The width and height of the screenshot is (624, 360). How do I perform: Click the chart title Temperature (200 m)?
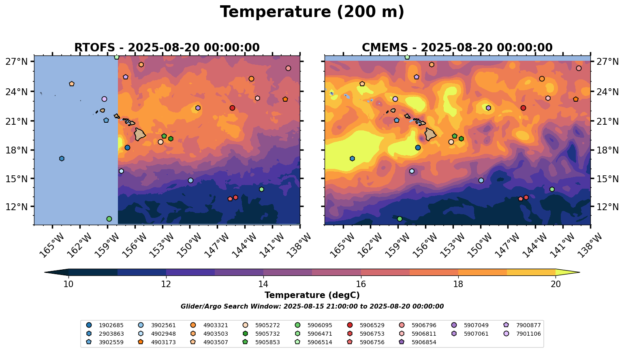[312, 12]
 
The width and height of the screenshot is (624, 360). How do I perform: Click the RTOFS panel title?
[167, 48]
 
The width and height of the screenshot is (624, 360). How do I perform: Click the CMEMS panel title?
[457, 48]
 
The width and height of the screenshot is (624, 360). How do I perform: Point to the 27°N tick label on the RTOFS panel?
[17, 62]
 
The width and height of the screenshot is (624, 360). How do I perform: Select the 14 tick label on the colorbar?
[263, 284]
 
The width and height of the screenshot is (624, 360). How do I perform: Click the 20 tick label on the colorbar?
[556, 284]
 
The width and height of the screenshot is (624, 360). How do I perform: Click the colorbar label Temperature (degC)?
[312, 295]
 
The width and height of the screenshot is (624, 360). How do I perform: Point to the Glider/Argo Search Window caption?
[312, 307]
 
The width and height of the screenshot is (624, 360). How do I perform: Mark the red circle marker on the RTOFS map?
[232, 108]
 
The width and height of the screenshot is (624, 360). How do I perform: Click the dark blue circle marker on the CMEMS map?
[418, 147]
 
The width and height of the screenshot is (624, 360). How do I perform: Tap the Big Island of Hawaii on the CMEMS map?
[430, 134]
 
